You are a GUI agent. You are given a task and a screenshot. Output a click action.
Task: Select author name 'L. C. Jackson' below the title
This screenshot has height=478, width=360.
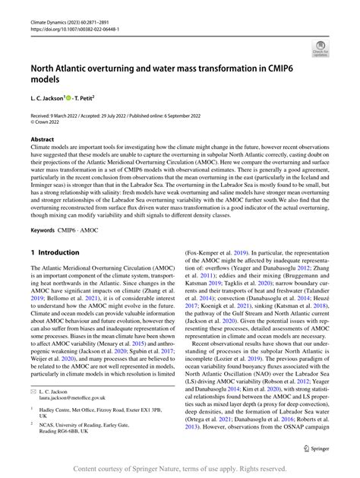click(x=47, y=98)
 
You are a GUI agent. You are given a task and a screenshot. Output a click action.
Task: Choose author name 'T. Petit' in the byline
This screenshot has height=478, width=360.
click(x=86, y=98)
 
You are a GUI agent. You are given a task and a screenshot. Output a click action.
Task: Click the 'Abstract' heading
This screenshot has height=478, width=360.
click(x=42, y=140)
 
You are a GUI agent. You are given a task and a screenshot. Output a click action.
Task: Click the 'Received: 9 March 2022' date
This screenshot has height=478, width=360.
click(x=59, y=115)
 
